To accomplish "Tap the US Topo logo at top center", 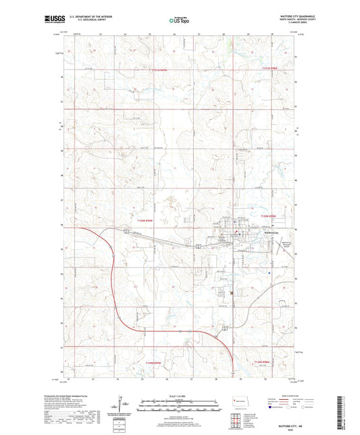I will pos(180,21).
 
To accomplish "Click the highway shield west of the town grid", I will pos(125,230).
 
